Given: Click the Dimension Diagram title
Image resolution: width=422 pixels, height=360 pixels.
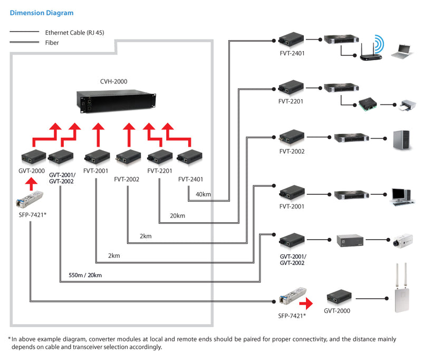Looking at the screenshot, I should pos(42,13).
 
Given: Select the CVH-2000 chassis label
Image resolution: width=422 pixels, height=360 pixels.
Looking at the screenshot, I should pos(113,81).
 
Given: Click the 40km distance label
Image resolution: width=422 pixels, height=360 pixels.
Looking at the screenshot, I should pos(203,194).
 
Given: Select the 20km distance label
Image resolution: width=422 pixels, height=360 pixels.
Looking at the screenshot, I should pos(177,215).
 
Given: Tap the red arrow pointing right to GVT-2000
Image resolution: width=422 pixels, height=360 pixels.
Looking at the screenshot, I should pos(305,303).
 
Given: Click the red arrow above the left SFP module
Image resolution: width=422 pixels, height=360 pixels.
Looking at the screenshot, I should pos(31,184).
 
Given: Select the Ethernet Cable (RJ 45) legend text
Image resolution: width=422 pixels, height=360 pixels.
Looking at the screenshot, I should pos(74,33).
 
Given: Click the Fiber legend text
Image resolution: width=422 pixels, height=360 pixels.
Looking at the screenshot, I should pos(52,43).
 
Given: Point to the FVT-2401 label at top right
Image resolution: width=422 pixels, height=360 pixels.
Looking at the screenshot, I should pos(291,53).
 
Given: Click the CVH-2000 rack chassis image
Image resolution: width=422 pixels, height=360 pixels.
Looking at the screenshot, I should pos(117,101).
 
